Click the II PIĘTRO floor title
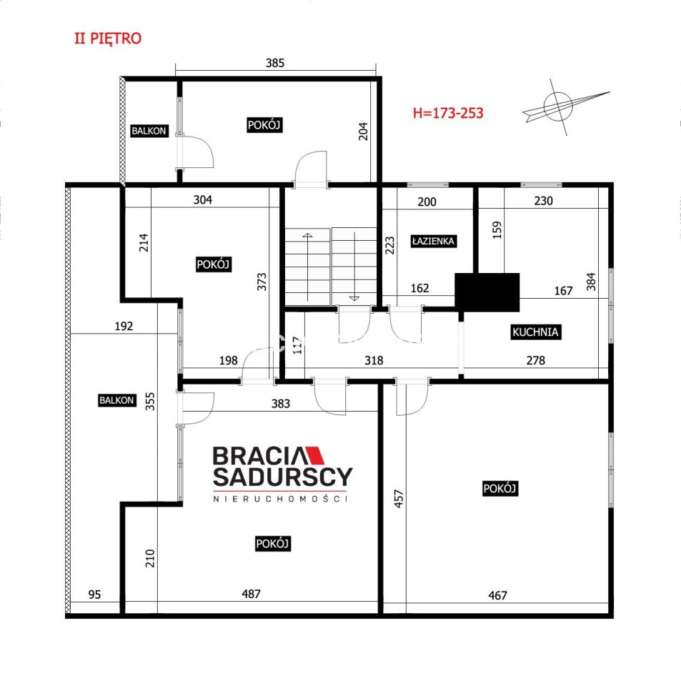click(108, 39)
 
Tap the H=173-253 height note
click(448, 113)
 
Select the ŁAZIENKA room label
click(434, 241)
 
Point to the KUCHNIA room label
click(535, 332)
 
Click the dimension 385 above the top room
click(275, 63)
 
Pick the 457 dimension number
click(399, 498)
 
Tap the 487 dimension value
click(251, 594)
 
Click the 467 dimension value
click(497, 595)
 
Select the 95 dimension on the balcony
click(94, 595)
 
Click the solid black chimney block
click(487, 292)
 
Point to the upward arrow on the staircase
click(307, 267)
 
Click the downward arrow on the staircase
click(354, 267)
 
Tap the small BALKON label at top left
click(149, 131)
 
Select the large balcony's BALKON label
click(116, 400)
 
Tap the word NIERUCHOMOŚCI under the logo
click(280, 499)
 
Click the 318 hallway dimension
click(374, 360)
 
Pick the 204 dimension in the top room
click(363, 131)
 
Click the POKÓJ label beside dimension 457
click(500, 488)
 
